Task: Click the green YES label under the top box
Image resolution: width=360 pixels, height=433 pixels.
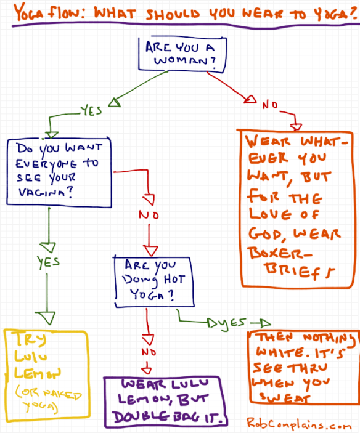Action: pyautogui.click(x=91, y=113)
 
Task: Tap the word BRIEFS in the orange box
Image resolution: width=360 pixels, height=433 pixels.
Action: pyautogui.click(x=295, y=270)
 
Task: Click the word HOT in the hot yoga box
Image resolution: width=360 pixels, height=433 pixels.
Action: pyautogui.click(x=174, y=280)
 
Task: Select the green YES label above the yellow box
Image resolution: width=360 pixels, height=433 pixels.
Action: pyautogui.click(x=47, y=261)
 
